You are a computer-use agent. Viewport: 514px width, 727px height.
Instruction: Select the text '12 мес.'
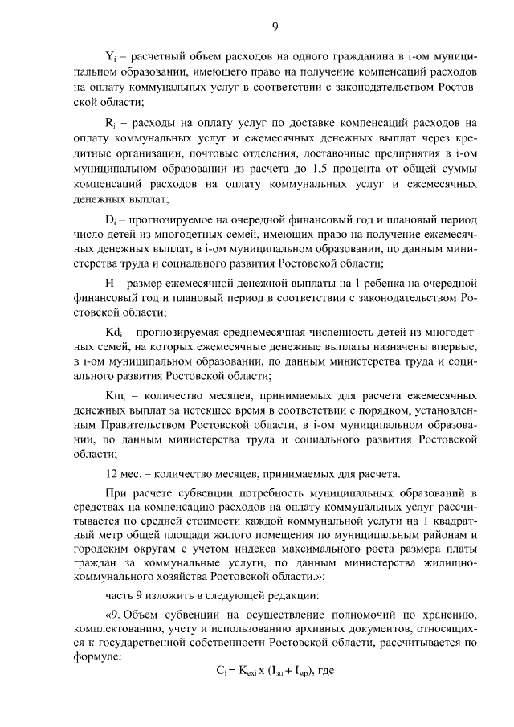tap(123, 472)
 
